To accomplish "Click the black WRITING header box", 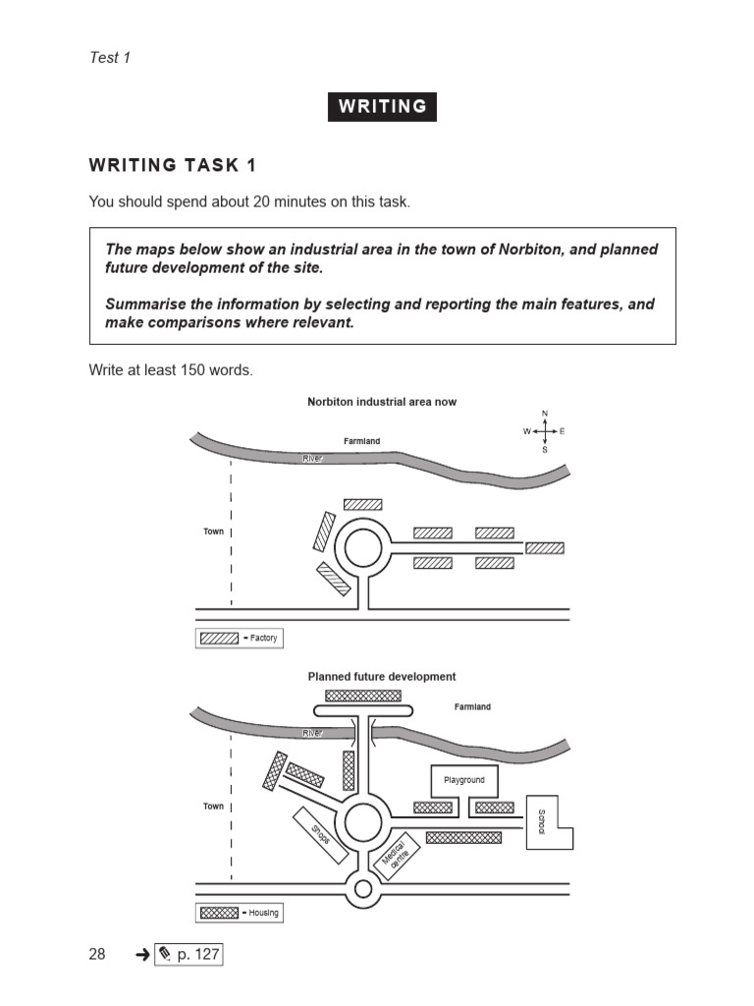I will pos(382,106).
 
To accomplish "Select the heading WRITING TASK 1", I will pos(173,164).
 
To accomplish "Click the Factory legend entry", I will pos(240,638).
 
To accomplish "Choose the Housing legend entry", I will pos(240,912).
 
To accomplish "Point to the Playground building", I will pos(464,781).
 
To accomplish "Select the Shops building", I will pos(321,835).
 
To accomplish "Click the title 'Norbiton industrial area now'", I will pos(381,402).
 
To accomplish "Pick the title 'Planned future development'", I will pos(381,676).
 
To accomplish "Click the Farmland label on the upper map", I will pos(361,441).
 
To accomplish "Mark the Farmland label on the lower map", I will pos(472,706).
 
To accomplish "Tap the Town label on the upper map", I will pos(213,531).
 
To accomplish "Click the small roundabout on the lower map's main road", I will pos(363,890).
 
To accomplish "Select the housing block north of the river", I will pos(363,696).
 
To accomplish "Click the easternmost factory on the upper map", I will pos(545,548).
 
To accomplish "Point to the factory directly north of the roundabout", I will pos(362,504).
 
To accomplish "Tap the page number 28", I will pos(97,954).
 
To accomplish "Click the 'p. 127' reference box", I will pos(188,954).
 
